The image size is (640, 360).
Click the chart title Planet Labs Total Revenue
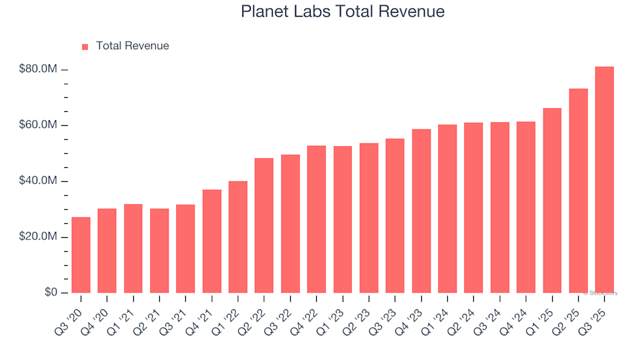coord(343,12)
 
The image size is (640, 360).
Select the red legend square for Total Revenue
coord(85,47)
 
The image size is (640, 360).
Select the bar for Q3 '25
coord(604,180)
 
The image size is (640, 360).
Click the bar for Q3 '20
coord(81,255)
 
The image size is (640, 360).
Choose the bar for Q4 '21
coord(212,241)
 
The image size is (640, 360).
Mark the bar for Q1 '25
coord(552,201)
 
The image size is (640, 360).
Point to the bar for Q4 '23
coord(421,211)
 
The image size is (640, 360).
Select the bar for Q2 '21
coord(159,251)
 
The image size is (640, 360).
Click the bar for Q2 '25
coord(578,191)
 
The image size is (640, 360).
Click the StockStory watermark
coord(601,293)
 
